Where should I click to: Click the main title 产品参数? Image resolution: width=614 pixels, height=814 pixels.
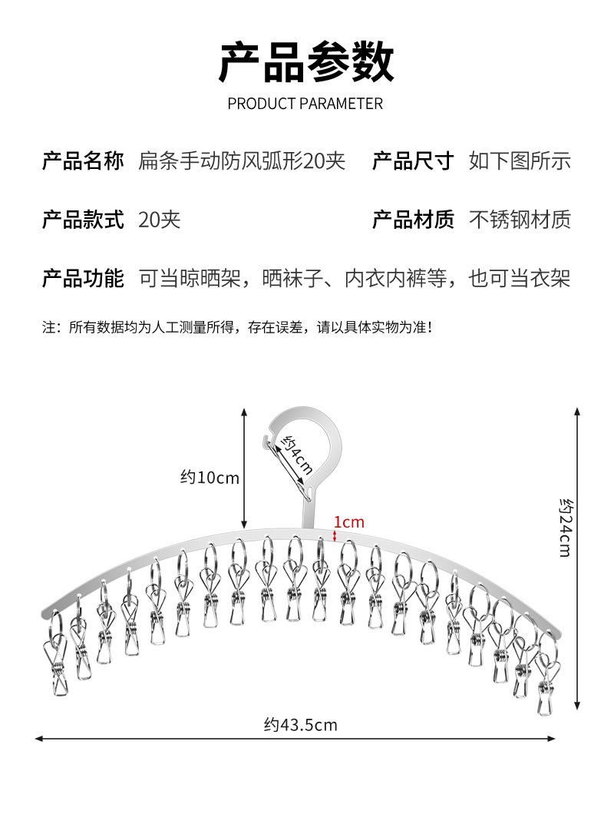coord(306,63)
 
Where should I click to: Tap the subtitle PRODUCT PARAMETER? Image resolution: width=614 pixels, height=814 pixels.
coord(305,104)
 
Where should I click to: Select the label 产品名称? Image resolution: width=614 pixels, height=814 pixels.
coord(83,161)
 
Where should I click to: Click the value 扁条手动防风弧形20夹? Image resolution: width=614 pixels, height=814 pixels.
coord(242,161)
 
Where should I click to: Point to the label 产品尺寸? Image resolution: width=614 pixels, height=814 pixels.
coord(413,161)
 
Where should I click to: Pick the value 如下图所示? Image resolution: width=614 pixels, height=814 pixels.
coord(520,161)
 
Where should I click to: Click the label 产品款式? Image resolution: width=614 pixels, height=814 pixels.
coord(83,220)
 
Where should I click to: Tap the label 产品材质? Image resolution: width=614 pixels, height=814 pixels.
coord(413,220)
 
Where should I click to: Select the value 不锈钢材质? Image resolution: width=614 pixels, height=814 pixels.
coord(520,220)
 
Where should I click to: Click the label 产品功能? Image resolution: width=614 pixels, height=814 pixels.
coord(83,278)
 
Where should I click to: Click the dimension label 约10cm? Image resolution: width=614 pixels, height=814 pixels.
coord(210,478)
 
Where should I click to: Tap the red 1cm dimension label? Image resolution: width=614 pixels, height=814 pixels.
coord(349,522)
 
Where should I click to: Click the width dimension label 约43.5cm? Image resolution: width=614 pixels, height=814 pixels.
coord(301,724)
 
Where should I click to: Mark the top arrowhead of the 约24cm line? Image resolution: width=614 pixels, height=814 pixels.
coord(578,411)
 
